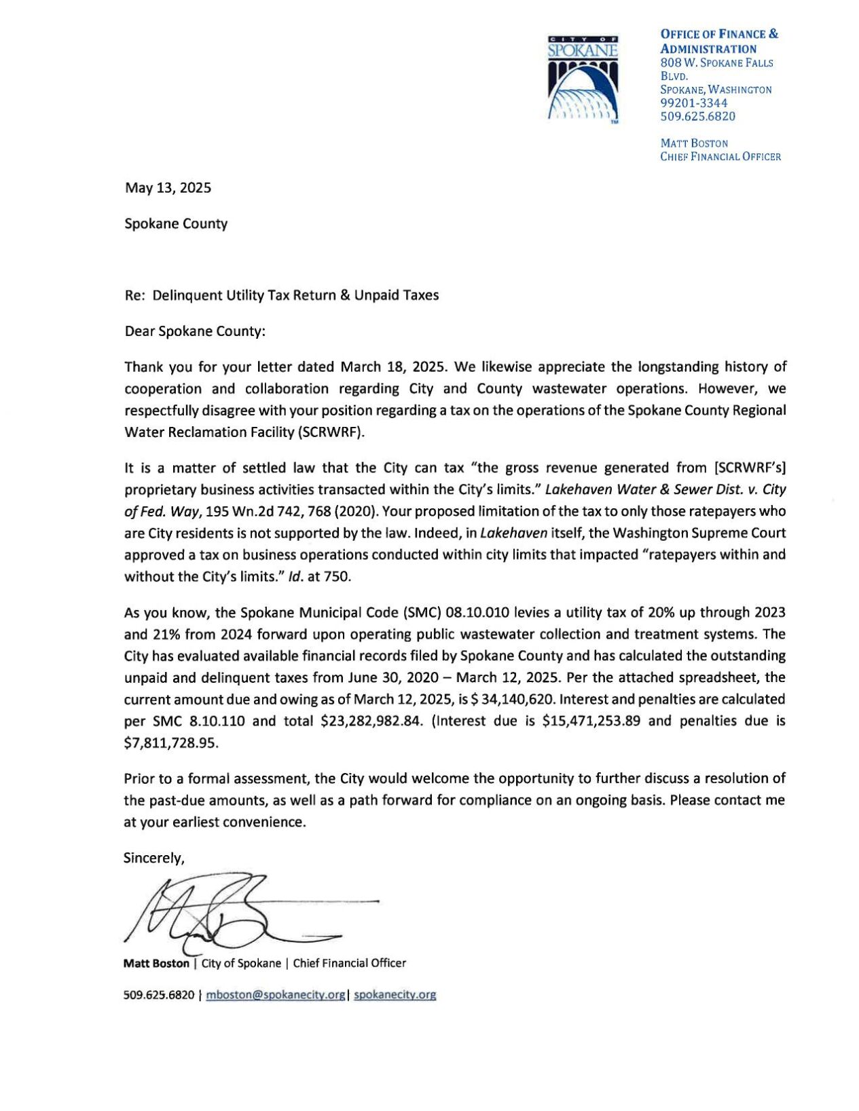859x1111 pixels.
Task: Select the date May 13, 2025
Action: [168, 188]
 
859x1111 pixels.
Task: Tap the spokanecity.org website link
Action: [395, 995]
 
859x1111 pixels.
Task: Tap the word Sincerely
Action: [153, 859]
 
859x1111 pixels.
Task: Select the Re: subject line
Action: [282, 295]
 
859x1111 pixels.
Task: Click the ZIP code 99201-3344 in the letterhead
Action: [693, 103]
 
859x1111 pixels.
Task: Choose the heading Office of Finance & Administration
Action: [718, 41]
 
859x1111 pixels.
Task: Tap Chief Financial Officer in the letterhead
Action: [720, 157]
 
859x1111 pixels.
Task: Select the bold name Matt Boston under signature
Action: [156, 963]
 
